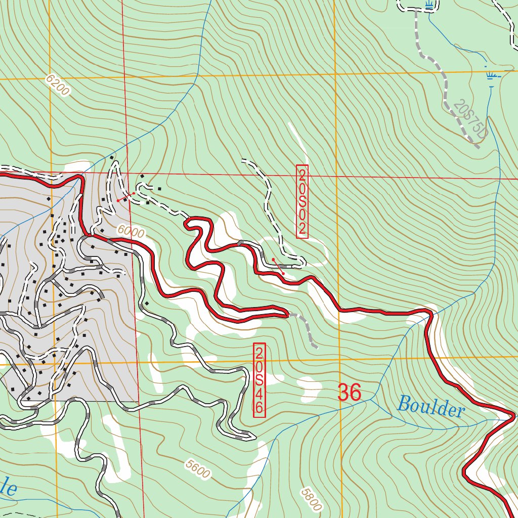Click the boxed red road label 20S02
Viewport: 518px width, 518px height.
pos(302,201)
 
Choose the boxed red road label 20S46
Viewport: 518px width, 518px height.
pos(259,380)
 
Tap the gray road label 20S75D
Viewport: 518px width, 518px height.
pos(469,120)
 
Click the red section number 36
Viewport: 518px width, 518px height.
pos(349,393)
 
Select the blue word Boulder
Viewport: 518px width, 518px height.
pos(430,407)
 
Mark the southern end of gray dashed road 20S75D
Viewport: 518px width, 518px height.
pos(478,148)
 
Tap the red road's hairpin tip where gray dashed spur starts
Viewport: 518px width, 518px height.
pos(287,315)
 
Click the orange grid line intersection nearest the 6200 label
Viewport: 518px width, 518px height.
pos(51,79)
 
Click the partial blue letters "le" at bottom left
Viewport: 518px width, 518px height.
pos(9,489)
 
